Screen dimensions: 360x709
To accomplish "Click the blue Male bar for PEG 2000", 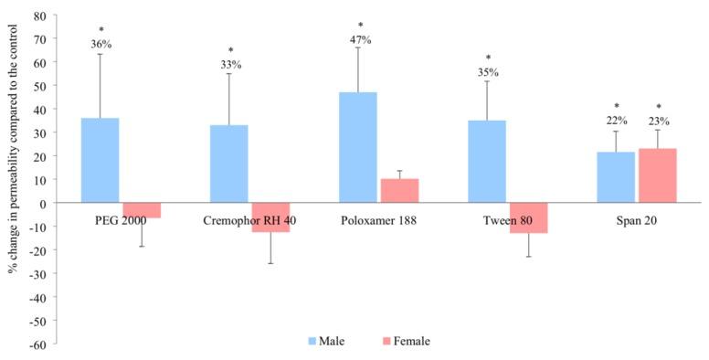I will tap(100, 160).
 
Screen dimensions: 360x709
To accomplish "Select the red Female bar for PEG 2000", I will tap(142, 210).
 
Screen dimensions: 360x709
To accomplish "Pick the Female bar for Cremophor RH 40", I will tap(270, 217).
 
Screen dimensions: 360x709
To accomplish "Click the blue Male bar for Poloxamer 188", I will tap(357, 147).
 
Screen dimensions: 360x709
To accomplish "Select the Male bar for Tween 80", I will tap(487, 162).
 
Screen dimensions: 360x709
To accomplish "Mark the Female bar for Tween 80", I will tap(529, 217).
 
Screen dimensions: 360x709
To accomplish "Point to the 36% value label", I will tap(101, 44).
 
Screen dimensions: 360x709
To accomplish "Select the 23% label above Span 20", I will tap(658, 121).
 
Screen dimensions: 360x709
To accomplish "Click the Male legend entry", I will tap(325, 341).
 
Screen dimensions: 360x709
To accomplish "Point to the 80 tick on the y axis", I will tap(40, 16).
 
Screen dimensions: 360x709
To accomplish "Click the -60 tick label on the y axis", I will tap(38, 344).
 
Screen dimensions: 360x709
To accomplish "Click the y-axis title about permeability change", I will tap(13, 179).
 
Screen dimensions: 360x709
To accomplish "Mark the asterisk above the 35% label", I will tap(487, 58).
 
